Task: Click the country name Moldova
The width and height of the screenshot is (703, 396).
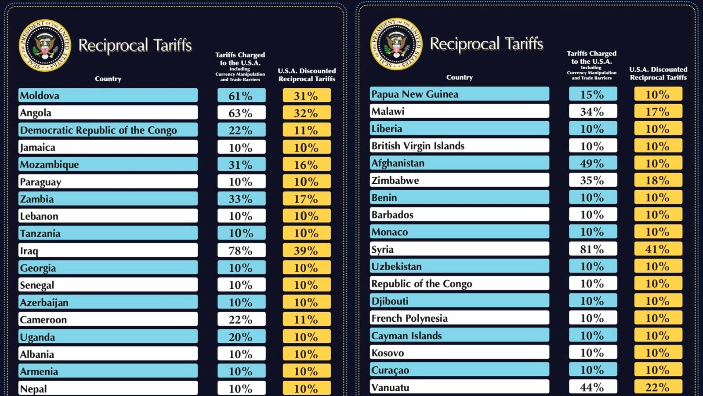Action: (x=40, y=95)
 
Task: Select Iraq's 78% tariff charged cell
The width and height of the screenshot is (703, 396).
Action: (x=241, y=251)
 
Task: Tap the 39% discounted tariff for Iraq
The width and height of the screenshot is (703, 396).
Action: (x=306, y=251)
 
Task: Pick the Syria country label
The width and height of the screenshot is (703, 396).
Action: (x=382, y=249)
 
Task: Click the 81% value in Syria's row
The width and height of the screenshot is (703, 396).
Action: (x=592, y=249)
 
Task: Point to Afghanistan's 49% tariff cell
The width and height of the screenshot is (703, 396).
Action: (x=592, y=163)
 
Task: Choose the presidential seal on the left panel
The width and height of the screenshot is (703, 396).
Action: (x=45, y=45)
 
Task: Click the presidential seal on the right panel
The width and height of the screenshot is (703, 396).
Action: (x=396, y=44)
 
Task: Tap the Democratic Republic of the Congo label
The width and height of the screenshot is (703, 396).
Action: (x=98, y=130)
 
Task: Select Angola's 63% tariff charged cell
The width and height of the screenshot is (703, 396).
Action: (x=241, y=113)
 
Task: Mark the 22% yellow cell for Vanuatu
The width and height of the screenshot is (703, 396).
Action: (x=658, y=387)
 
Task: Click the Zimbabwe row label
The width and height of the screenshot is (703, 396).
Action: (x=395, y=180)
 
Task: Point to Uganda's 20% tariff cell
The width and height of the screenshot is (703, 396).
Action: (x=241, y=337)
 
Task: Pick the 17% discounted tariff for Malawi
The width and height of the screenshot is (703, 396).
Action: (x=658, y=112)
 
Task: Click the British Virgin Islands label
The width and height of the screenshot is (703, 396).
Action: (x=418, y=146)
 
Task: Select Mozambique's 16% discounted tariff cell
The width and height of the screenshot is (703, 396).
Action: (x=306, y=165)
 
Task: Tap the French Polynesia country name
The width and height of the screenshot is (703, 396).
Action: (x=409, y=318)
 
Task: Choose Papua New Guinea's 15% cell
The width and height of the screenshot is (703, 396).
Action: (x=592, y=94)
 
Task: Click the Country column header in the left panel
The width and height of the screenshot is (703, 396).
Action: (x=108, y=79)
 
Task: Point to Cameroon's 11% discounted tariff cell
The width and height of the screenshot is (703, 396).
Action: (x=306, y=320)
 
